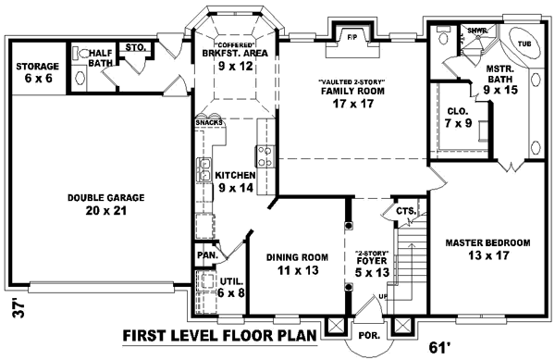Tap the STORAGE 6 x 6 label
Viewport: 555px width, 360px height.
[x=38, y=72]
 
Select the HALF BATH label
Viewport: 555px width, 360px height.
[x=99, y=57]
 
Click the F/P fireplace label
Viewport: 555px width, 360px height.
[x=351, y=39]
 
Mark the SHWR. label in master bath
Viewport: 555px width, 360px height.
[x=477, y=31]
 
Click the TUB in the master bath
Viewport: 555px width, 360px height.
[x=524, y=43]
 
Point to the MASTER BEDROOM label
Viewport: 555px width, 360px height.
[x=487, y=248]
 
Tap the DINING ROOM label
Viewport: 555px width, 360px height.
[x=298, y=264]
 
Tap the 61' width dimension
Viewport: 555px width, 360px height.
[x=442, y=348]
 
